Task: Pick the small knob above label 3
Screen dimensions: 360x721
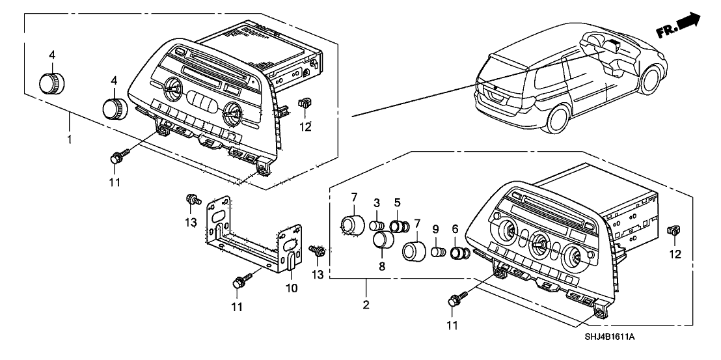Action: [x=376, y=227]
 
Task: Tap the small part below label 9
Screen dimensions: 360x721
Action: [x=438, y=251]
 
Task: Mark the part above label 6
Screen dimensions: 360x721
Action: [x=460, y=252]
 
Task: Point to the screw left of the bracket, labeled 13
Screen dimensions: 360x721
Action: [x=193, y=199]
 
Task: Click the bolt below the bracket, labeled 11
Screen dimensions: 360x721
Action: [x=239, y=283]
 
